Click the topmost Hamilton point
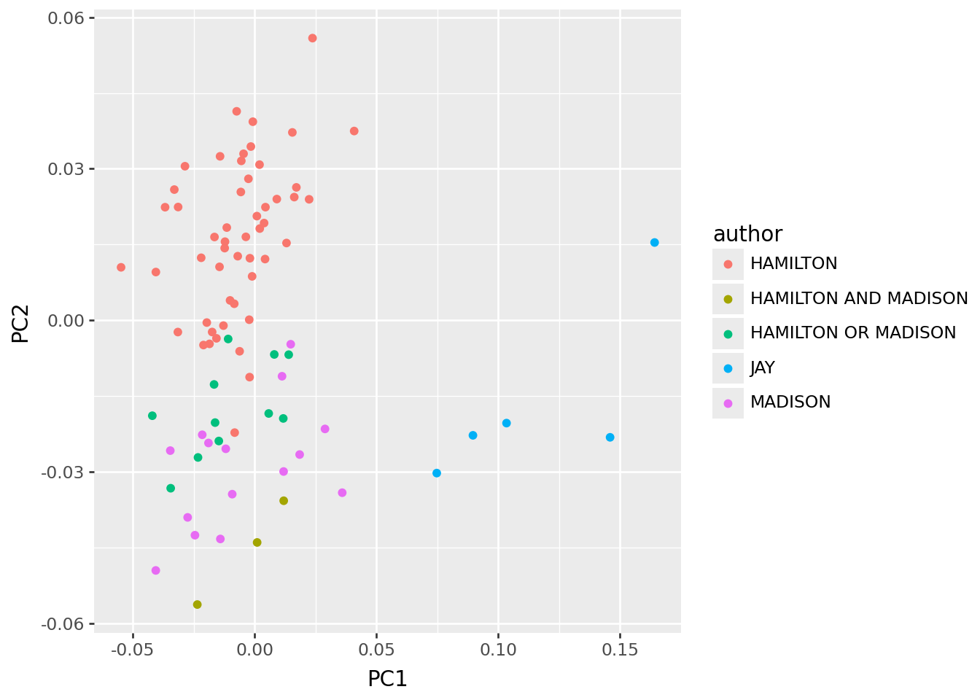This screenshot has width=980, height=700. tap(312, 38)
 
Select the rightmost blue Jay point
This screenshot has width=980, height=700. tap(654, 242)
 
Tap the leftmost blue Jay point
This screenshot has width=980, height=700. tap(437, 472)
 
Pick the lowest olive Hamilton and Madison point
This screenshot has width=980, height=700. tap(197, 604)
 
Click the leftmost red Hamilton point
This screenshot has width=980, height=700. tap(121, 267)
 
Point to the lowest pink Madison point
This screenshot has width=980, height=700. tap(155, 570)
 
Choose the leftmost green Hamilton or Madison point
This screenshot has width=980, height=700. tap(152, 416)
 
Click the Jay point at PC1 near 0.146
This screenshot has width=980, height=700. tap(610, 437)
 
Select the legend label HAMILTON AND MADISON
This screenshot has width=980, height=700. tap(858, 298)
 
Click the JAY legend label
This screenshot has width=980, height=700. tap(762, 367)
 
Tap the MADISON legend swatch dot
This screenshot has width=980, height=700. tap(728, 402)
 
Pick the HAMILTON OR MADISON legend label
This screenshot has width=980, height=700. tap(852, 332)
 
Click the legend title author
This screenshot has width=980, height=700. tap(747, 234)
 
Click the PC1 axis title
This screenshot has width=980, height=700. tap(387, 679)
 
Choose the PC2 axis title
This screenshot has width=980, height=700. tap(20, 321)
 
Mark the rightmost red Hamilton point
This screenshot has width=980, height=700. tap(354, 131)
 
